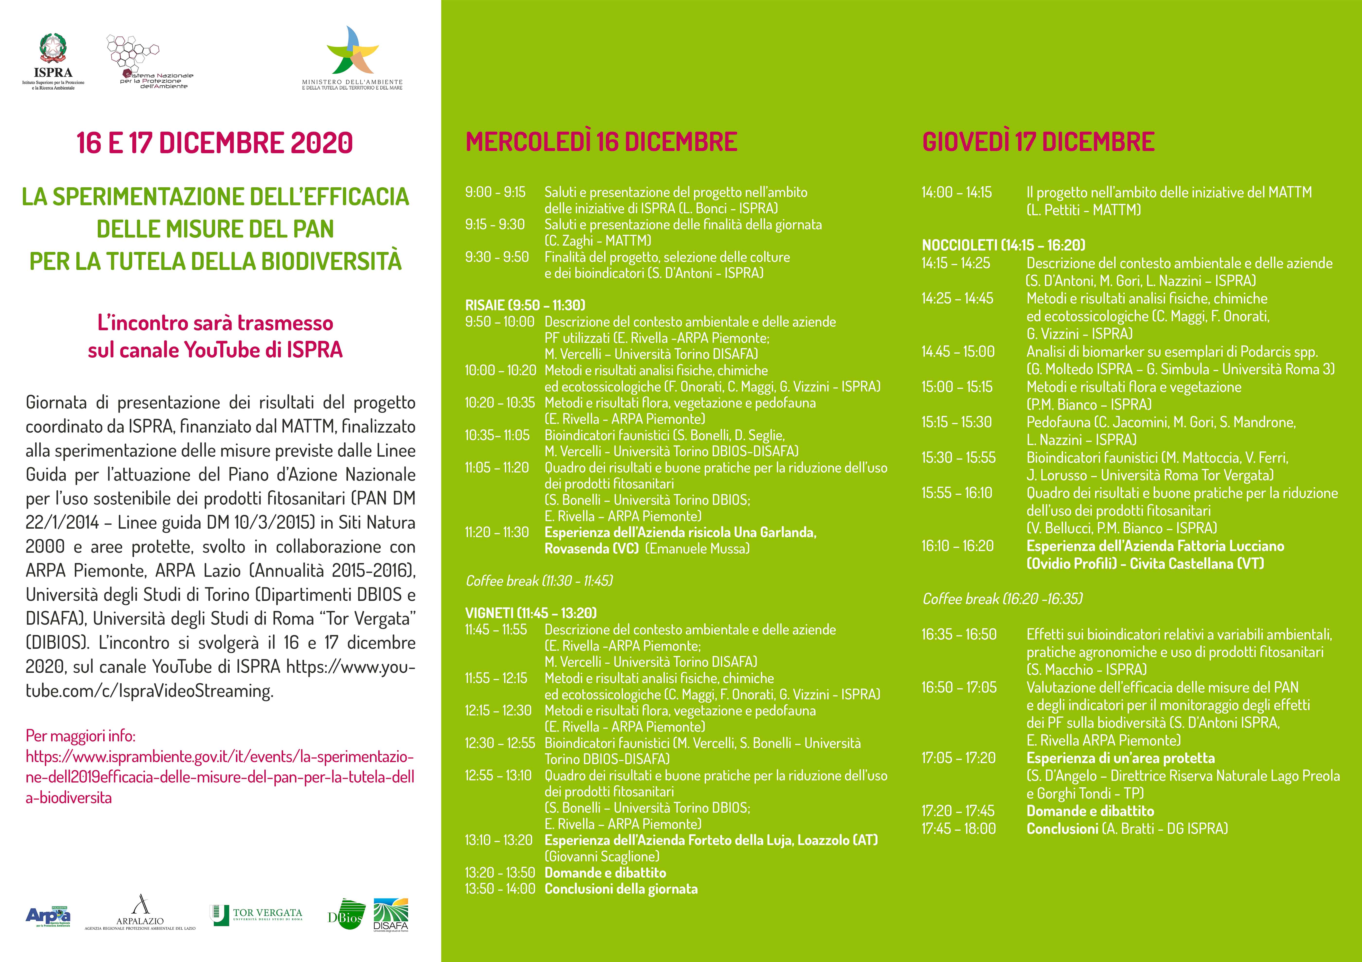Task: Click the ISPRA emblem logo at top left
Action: [54, 50]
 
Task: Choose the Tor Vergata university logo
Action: [256, 915]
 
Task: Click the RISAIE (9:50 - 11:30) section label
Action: [525, 305]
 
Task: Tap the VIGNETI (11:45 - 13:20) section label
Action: [531, 613]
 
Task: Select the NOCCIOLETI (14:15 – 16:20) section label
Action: [1003, 245]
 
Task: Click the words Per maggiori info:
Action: [81, 736]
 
